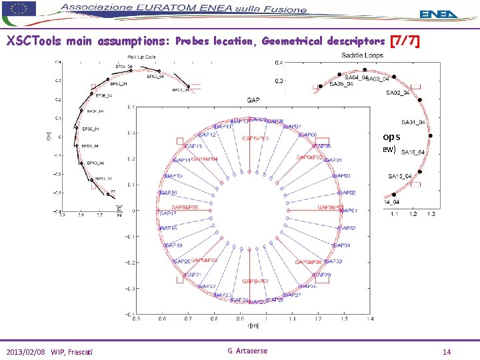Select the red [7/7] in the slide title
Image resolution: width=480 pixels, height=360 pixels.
[x=406, y=41]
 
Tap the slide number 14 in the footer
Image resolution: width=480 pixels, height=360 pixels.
[x=446, y=351]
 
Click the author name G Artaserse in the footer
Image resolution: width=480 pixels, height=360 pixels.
[x=247, y=351]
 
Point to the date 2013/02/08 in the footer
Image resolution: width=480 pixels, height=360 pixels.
[x=28, y=351]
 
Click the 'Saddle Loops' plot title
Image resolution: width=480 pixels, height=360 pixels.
[x=362, y=55]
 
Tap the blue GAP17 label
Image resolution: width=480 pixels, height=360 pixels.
[x=168, y=213]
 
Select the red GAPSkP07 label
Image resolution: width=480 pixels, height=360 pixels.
[x=256, y=281]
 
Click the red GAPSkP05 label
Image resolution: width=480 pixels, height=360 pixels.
[x=185, y=207]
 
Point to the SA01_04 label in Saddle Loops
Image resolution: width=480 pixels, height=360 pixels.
[x=413, y=122]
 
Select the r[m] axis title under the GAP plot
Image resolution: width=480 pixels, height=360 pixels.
[x=253, y=325]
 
